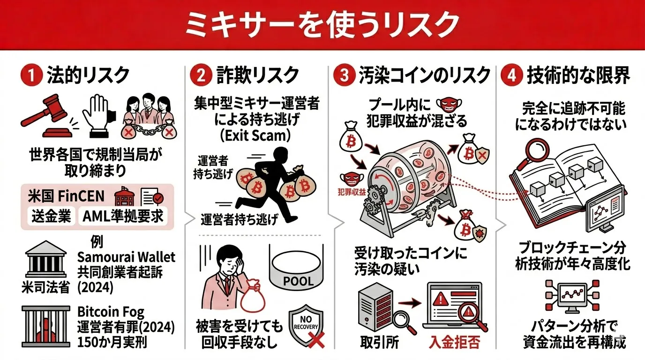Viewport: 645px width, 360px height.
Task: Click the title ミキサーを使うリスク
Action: click(322, 25)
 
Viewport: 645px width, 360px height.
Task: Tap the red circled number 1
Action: click(31, 76)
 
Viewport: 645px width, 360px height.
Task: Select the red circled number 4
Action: click(510, 76)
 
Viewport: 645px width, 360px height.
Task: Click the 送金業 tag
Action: click(51, 216)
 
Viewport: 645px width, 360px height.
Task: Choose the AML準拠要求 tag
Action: click(123, 216)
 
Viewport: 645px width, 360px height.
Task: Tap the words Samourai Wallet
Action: click(126, 257)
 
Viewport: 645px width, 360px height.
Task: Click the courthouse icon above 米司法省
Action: click(46, 260)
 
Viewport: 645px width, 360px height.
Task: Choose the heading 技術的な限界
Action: click(578, 76)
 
